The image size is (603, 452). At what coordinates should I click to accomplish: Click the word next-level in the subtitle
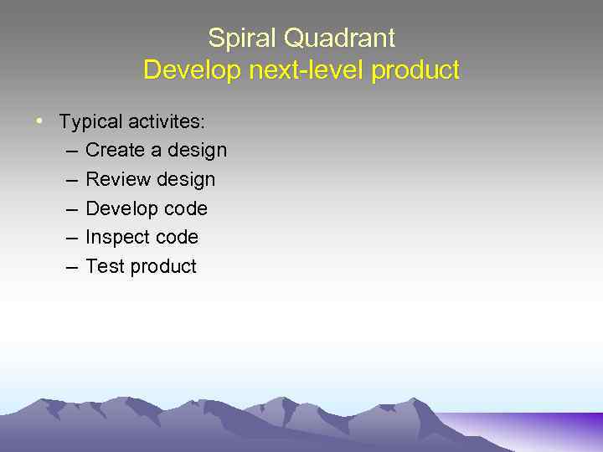(305, 70)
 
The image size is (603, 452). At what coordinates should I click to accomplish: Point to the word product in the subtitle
(415, 70)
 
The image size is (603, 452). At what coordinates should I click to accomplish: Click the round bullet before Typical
(39, 121)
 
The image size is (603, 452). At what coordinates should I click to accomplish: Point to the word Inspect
(117, 239)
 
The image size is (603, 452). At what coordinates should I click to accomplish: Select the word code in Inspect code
(176, 238)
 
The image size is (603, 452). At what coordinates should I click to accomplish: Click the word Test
(104, 267)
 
